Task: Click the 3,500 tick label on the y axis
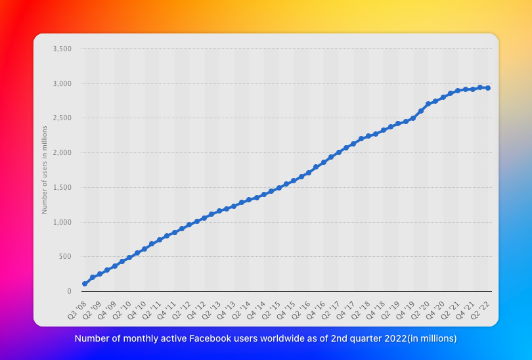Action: coord(62,49)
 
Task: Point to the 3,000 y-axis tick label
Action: coord(62,83)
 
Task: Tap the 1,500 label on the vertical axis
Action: coord(62,187)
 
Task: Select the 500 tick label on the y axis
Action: coord(65,256)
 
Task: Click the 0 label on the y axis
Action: coord(70,291)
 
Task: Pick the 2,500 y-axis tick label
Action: coord(62,118)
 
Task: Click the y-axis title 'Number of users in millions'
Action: coord(45,169)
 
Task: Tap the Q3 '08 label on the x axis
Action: coord(77,310)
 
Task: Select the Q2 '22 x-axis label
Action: coord(479,310)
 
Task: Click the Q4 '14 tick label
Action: coord(256,310)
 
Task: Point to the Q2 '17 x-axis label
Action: coord(330,310)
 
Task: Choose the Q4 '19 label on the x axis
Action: coord(405,310)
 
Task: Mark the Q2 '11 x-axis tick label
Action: coord(152,310)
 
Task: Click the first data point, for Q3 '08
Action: coord(85,284)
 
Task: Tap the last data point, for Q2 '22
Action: coord(488,88)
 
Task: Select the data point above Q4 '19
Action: coord(413,118)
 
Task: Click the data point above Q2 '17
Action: coord(339,152)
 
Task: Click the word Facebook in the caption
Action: coord(204,338)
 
